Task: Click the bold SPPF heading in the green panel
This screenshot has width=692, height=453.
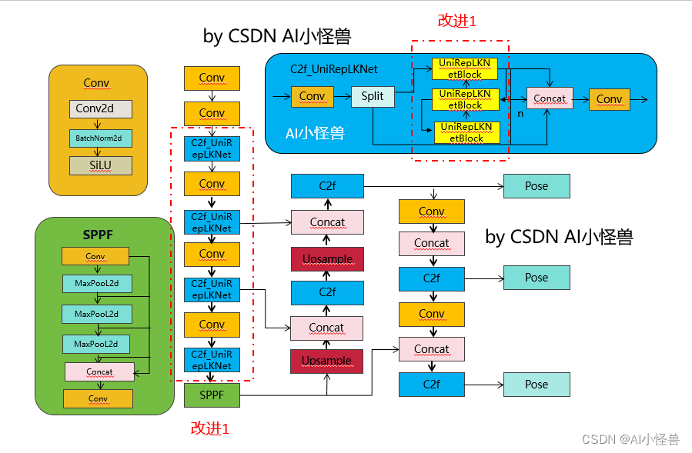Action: [98, 235]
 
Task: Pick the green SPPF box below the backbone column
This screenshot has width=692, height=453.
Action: [212, 395]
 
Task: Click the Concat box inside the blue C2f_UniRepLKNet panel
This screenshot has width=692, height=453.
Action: [550, 98]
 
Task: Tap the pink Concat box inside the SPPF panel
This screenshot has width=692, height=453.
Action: [99, 371]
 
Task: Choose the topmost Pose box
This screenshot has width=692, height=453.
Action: [537, 186]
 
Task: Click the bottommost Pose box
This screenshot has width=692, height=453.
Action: [537, 385]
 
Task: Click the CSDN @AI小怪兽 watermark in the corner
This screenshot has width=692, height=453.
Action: [630, 439]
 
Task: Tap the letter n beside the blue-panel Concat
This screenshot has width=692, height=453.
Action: [520, 113]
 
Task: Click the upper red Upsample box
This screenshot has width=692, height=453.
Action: [326, 259]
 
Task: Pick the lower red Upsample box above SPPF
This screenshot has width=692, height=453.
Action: [326, 361]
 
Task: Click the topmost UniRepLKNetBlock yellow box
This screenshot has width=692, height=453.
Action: [465, 68]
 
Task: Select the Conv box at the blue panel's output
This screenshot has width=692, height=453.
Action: [609, 99]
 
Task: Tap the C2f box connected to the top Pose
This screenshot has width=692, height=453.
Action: [326, 186]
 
